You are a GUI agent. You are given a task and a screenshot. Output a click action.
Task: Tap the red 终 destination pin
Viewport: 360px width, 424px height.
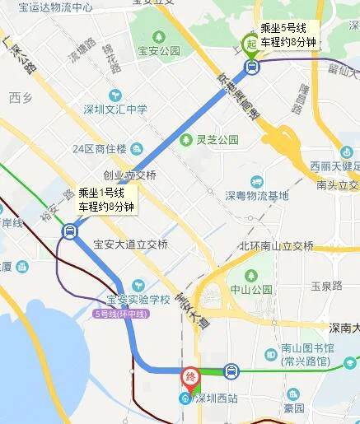pos(189,378)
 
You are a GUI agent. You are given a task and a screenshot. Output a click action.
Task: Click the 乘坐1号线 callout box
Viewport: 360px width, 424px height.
pos(106,200)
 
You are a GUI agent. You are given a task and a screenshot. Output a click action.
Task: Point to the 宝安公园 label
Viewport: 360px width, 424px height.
pos(160,50)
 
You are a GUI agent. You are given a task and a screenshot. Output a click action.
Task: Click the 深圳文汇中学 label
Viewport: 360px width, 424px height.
pos(115,109)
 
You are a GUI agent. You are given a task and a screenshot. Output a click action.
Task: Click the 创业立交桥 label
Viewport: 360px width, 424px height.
pos(129,175)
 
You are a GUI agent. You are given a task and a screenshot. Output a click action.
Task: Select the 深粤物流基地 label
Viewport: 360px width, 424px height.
pos(257,196)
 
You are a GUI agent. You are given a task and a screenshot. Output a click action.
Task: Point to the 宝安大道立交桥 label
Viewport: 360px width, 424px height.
pos(131,245)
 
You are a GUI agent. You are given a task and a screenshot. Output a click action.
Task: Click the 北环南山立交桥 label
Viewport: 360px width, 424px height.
pos(276,245)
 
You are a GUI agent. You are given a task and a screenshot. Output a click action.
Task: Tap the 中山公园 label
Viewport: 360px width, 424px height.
pos(250,290)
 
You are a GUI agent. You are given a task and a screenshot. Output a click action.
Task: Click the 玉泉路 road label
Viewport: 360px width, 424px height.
pos(326,287)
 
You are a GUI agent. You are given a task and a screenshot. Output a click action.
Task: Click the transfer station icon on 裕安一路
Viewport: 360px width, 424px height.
pos(69,232)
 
